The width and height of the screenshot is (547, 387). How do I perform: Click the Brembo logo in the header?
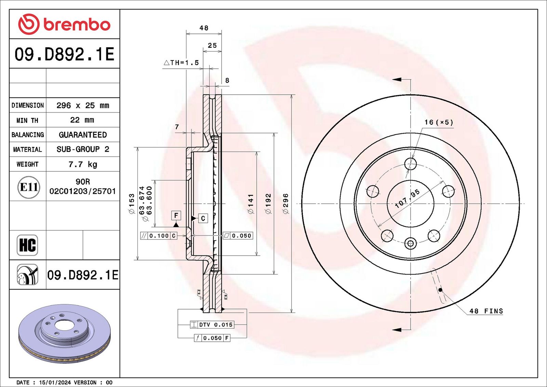64,24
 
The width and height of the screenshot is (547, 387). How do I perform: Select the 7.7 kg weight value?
83,164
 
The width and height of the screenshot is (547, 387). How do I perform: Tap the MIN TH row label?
27,120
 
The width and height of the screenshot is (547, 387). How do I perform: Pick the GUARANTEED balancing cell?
83,135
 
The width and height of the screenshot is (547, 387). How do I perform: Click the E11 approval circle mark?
29,187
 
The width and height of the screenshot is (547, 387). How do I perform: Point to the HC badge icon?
27,245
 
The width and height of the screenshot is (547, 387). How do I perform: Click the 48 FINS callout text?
486,311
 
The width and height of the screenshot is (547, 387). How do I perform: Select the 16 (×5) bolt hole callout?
439,122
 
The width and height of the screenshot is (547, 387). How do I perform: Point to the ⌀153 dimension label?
132,204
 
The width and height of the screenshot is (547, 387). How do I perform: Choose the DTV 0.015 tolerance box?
212,324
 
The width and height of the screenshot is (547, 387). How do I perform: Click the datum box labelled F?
176,216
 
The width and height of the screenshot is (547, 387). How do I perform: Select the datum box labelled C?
203,218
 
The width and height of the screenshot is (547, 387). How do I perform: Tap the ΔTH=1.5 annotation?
181,63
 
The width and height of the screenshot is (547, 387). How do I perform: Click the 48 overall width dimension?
204,28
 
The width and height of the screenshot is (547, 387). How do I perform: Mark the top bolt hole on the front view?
411,164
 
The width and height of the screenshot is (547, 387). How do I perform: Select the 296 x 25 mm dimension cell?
83,106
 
